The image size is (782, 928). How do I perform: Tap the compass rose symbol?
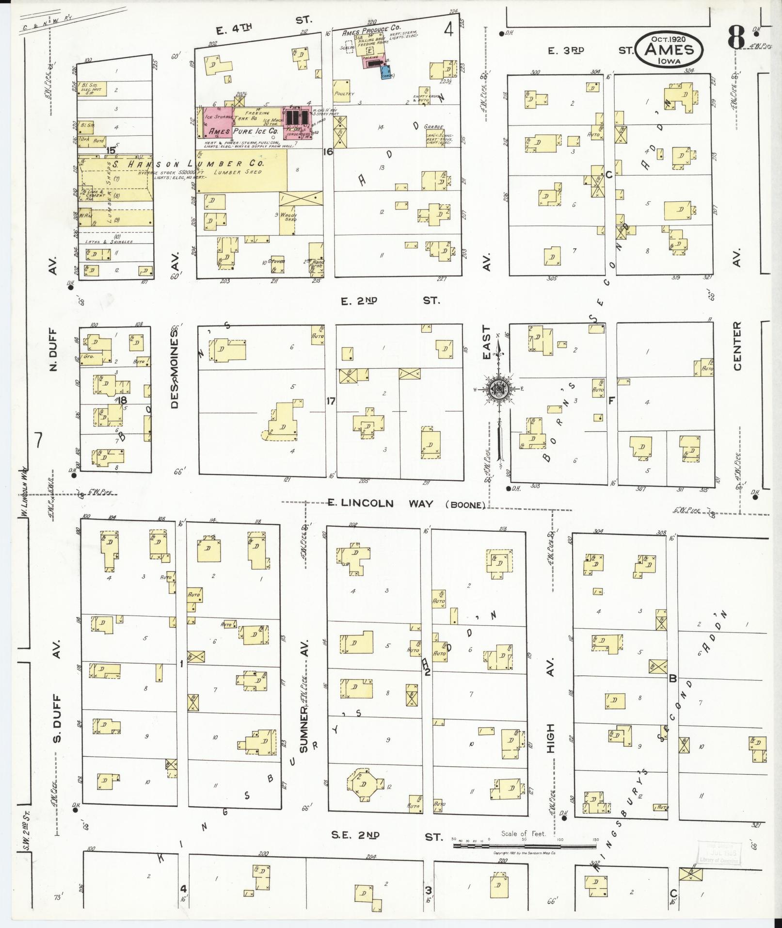click(x=499, y=389)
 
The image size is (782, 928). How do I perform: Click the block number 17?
click(x=330, y=401)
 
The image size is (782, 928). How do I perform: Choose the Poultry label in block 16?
click(x=345, y=94)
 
